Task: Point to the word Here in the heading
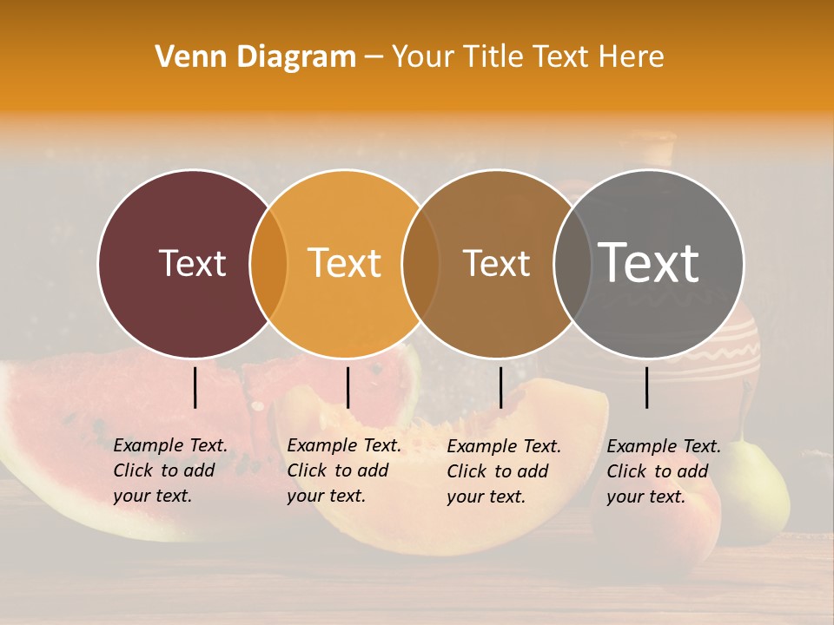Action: [632, 57]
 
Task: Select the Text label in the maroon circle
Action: [192, 263]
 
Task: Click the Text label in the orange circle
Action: [344, 263]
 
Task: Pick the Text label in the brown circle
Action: [496, 263]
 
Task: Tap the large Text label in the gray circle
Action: [649, 263]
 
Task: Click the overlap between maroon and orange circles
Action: [268, 264]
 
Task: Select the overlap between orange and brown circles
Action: [420, 264]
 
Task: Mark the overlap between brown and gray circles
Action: [571, 264]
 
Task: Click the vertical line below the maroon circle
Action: [195, 387]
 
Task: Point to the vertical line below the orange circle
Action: [347, 387]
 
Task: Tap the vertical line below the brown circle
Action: [500, 387]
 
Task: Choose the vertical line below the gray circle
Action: [647, 387]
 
